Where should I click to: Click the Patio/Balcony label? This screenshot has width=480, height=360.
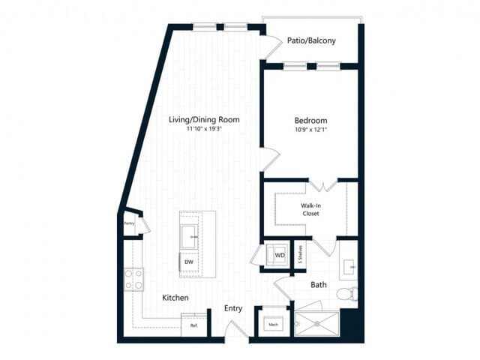311,40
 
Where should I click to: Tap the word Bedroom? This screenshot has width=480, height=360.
310,120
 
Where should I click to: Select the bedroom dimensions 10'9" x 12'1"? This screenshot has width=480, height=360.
310,130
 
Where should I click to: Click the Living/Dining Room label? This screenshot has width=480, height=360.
203,119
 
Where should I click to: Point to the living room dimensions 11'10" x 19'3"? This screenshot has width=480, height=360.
203,129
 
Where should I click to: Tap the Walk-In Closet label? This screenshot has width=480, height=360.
311,208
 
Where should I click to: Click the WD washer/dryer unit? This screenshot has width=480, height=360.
279,255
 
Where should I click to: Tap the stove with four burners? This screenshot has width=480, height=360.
133,280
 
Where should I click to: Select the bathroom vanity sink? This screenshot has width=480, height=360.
349,265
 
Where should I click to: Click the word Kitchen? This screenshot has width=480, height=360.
175,298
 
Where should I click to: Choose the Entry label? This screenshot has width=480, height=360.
233,308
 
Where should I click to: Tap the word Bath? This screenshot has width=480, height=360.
319,284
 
